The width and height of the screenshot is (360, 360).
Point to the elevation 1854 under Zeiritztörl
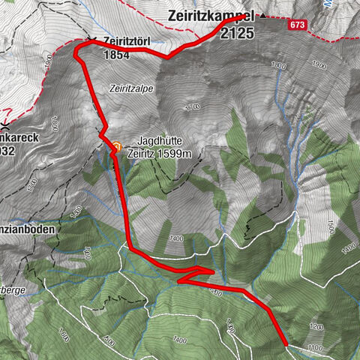coord(118,54)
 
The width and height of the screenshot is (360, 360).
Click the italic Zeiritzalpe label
coord(130,88)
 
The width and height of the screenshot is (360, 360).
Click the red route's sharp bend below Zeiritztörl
coord(76,52)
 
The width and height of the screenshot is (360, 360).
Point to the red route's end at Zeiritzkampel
coord(244,16)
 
